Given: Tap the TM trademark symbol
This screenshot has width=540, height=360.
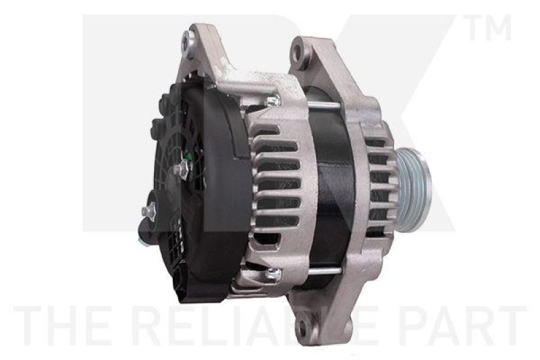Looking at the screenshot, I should [485, 28].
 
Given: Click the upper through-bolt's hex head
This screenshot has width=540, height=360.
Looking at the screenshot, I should [272, 101].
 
